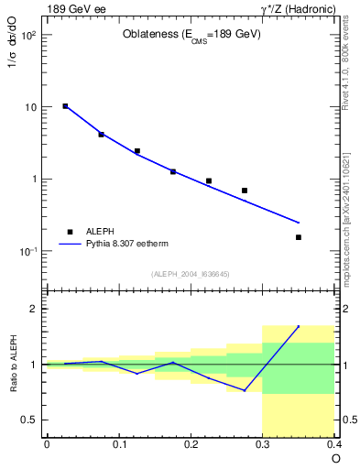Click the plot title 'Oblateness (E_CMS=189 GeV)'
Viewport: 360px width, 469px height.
191,35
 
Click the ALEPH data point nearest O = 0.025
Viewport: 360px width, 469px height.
65,106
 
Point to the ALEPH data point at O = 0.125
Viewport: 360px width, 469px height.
137,151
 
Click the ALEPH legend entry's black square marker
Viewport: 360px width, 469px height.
70,232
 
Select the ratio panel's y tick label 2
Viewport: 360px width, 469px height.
34,310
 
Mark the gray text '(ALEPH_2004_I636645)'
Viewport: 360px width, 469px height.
191,273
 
